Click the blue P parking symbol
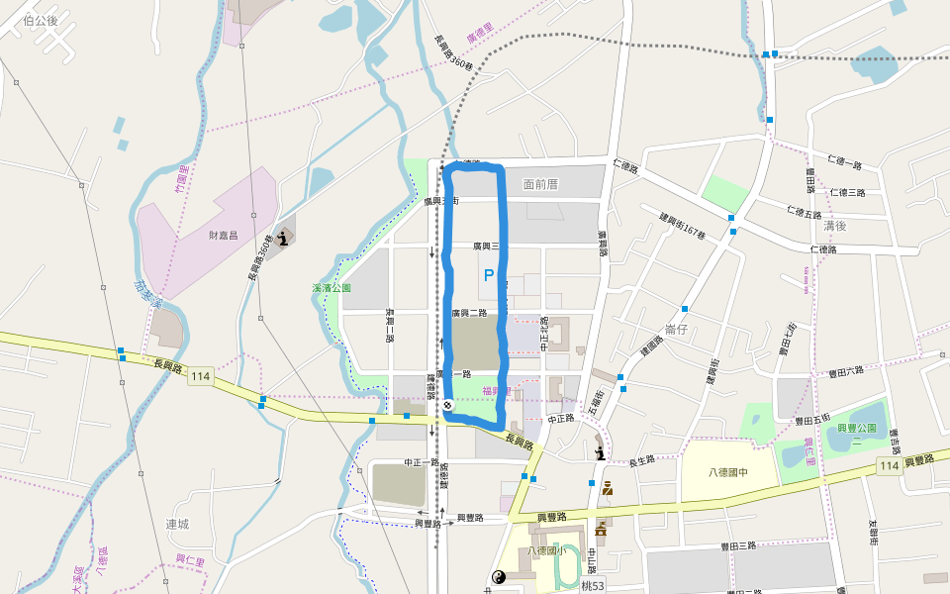[488, 276]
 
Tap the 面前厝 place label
[541, 184]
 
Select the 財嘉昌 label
[224, 236]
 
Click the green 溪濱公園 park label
[332, 288]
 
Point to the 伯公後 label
[40, 20]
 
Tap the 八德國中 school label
[729, 472]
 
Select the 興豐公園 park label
[858, 427]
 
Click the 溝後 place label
[835, 226]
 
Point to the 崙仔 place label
[677, 329]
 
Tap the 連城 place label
[177, 523]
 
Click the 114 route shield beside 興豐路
[888, 466]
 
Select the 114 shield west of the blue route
[201, 376]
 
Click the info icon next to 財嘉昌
[285, 238]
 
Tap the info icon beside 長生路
[601, 453]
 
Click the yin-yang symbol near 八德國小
[498, 577]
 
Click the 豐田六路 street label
[845, 370]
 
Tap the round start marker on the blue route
[448, 406]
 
